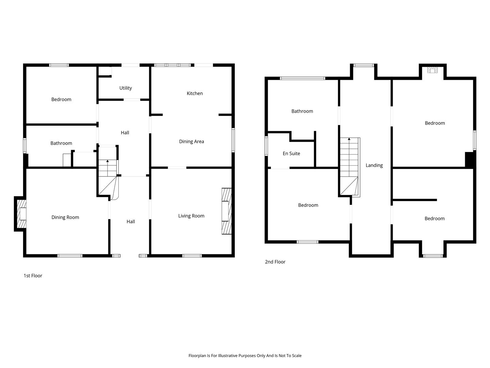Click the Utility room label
click(x=126, y=88)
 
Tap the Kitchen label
click(x=195, y=93)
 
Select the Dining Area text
click(x=192, y=141)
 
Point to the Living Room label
click(x=191, y=216)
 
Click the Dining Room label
click(x=65, y=217)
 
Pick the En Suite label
click(x=291, y=153)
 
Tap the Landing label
click(x=374, y=165)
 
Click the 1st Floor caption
click(x=33, y=276)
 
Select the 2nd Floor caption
click(x=275, y=262)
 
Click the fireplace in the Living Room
click(x=226, y=211)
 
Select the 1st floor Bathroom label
click(x=61, y=143)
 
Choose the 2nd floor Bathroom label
click(x=302, y=111)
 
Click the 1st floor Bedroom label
click(x=61, y=99)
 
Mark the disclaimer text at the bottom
click(x=245, y=356)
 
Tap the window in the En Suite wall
click(x=266, y=146)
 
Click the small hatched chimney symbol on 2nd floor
click(x=432, y=70)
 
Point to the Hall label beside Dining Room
click(x=131, y=221)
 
